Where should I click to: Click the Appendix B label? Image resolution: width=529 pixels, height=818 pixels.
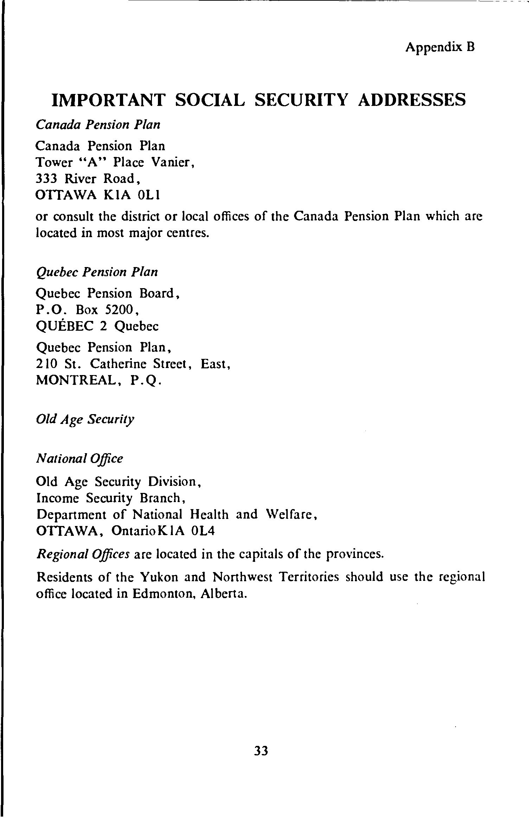pyautogui.click(x=440, y=47)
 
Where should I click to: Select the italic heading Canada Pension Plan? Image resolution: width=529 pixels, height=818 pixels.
pyautogui.click(x=98, y=125)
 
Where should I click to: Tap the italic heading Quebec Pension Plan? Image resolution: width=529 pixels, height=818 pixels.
pyautogui.click(x=97, y=272)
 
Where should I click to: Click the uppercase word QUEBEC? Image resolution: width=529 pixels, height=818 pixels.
pyautogui.click(x=65, y=326)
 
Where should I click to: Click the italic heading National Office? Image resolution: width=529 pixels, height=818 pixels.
pyautogui.click(x=80, y=459)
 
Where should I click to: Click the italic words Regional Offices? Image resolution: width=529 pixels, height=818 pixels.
pyautogui.click(x=83, y=554)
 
